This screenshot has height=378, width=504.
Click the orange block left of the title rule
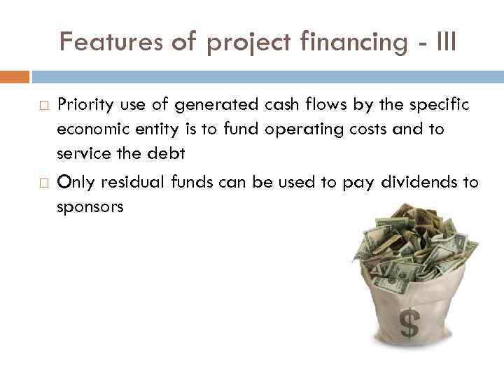[14, 76]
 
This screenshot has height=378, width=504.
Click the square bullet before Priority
[43, 106]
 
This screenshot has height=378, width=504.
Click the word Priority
[83, 105]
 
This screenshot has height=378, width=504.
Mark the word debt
[169, 153]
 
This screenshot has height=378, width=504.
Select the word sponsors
[90, 207]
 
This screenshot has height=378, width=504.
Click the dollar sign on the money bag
[409, 323]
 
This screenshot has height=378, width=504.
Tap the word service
[85, 153]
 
